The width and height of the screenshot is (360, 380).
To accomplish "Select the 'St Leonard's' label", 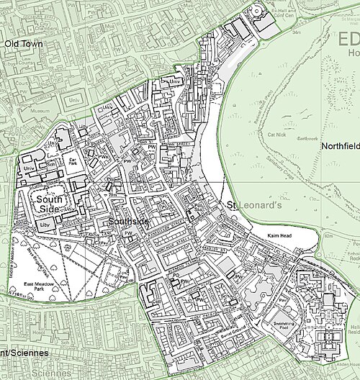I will [248, 207].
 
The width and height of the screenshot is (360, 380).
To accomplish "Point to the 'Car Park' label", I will [73, 162].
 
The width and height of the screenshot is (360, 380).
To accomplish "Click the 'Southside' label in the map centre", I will [128, 222].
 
